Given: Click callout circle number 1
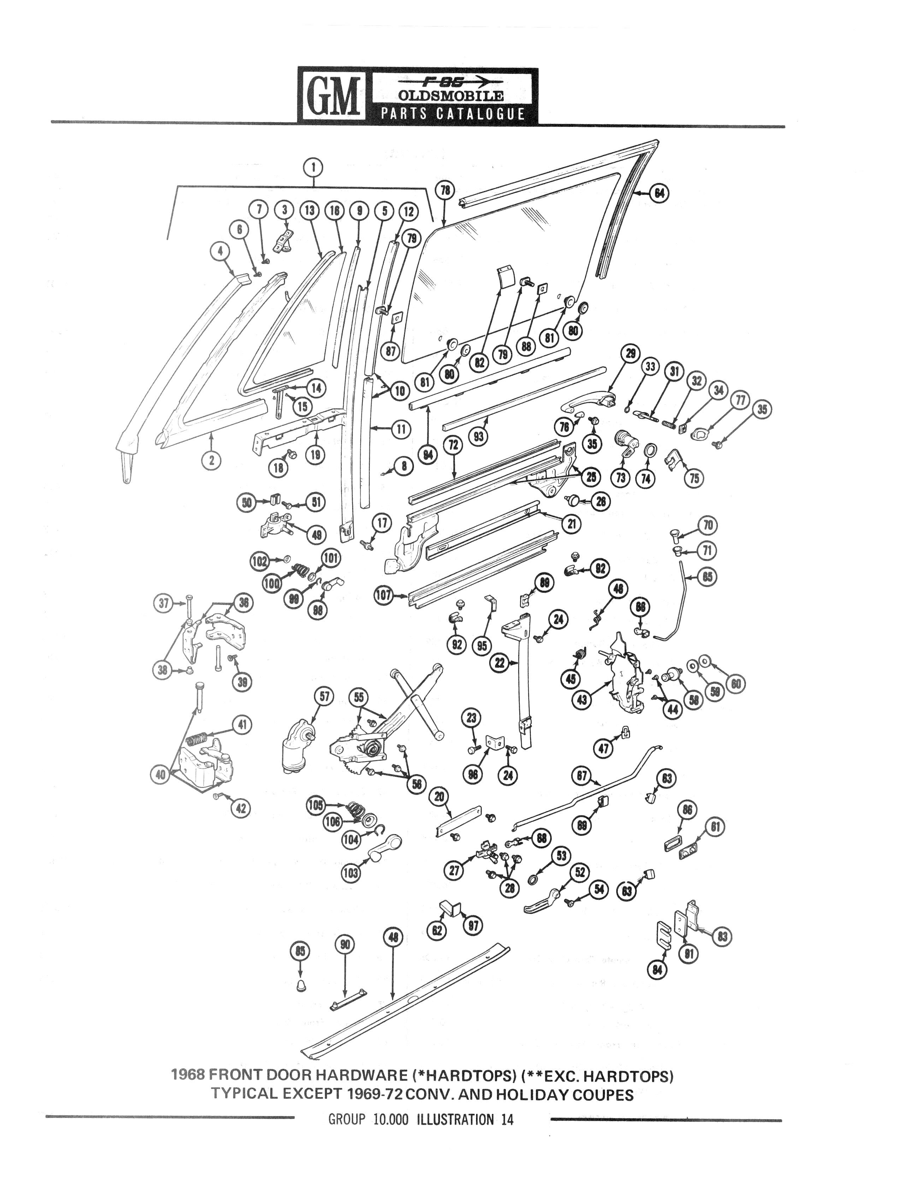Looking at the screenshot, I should coord(313,168).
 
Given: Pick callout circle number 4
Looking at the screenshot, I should coord(220,250).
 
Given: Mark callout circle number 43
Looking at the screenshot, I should coord(582,699).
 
